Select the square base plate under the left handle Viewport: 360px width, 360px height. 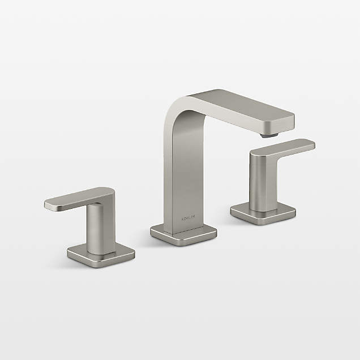pyautogui.click(x=101, y=255)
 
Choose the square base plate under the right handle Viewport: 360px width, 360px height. pyautogui.click(x=263, y=213)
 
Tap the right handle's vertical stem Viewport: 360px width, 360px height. pyautogui.click(x=262, y=181)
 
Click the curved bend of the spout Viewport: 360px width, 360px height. pyautogui.click(x=180, y=108)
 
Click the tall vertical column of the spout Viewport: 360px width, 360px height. pyautogui.click(x=182, y=170)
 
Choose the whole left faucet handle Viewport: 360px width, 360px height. pyautogui.click(x=93, y=226)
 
